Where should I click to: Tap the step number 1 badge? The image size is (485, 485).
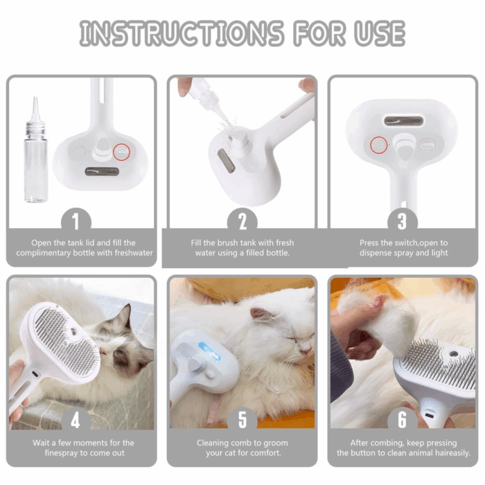point(81,222)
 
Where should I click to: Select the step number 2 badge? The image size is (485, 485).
point(242,222)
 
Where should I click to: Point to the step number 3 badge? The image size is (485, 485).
point(403,222)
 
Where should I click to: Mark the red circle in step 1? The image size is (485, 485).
point(121,151)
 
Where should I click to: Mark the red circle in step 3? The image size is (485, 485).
point(378,144)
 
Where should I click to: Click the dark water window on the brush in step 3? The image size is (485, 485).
point(403,121)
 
